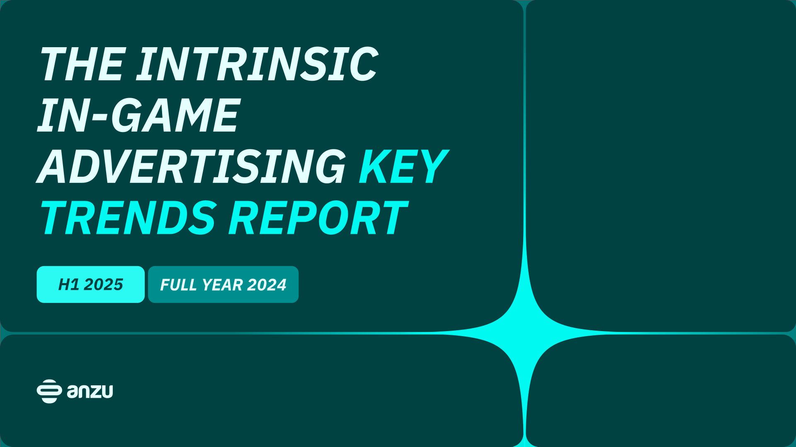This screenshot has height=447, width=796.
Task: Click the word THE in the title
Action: point(82,64)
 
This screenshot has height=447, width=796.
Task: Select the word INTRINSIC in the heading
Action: point(257,64)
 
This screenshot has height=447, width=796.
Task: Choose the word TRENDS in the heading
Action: point(128,218)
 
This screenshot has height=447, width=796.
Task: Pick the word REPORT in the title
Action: point(318,218)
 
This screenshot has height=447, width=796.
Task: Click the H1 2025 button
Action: point(90,284)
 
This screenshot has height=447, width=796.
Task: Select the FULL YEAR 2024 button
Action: point(223,284)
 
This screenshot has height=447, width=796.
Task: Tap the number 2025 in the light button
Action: point(103,284)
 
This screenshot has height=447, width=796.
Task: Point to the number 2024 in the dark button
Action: point(267,285)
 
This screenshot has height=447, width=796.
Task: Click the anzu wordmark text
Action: point(90,391)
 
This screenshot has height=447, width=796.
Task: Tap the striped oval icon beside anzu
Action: point(49,391)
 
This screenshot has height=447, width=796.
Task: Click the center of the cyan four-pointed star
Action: point(525,333)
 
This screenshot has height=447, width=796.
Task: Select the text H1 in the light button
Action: point(68,284)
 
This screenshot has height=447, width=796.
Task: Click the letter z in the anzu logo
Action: point(95,392)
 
